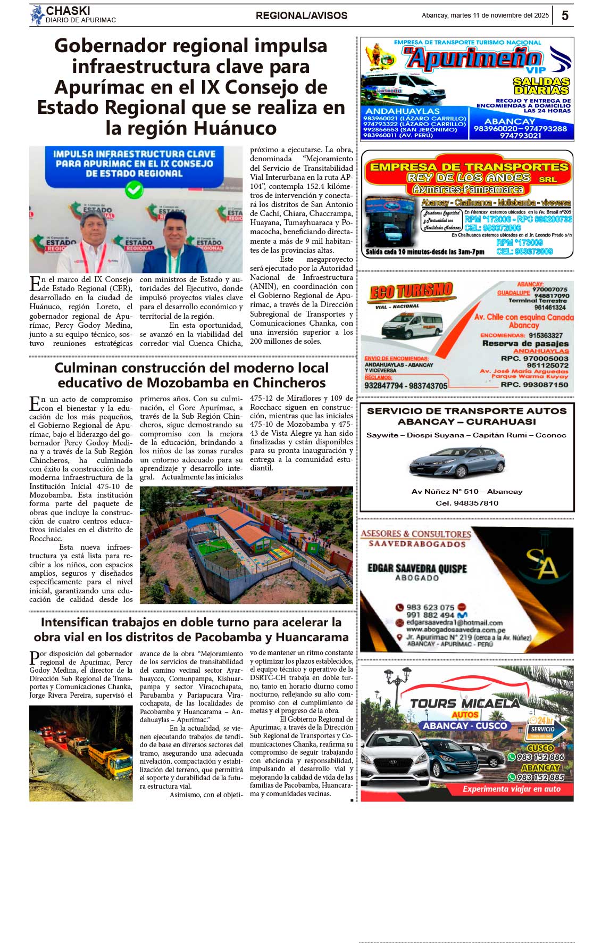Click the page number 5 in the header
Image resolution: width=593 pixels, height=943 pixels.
pos(565,15)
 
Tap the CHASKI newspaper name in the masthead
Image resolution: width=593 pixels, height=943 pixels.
pos(68,11)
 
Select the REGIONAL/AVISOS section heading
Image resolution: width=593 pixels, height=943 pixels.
pos(302,16)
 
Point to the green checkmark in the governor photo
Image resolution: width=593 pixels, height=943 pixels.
pos(134,189)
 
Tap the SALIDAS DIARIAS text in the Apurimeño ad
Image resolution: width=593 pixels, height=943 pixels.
pos(541,86)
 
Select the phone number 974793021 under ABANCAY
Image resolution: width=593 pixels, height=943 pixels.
pos(521,136)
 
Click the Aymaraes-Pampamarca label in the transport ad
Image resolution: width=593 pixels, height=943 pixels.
pos(468,189)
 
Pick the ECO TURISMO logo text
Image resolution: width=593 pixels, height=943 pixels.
pos(411,291)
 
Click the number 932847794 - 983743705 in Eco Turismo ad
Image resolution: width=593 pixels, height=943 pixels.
pos(405,386)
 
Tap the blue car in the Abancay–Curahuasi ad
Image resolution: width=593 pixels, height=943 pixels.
pos(456,463)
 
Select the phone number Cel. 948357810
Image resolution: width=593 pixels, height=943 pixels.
pos(467,503)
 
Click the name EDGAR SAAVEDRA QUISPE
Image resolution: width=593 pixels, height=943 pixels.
pos(417,568)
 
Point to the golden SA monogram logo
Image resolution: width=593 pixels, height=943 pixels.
pos(542,565)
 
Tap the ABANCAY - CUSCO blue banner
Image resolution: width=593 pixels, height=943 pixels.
pos(465,726)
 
